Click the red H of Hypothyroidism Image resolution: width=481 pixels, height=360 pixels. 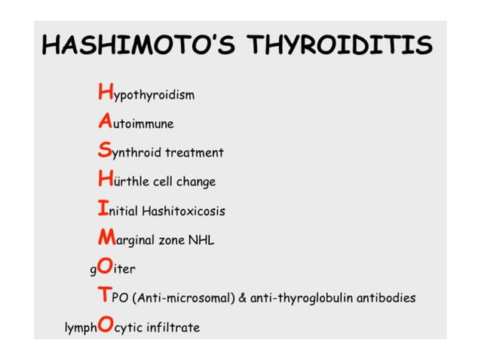106,93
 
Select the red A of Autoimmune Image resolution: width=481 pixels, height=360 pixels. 106,122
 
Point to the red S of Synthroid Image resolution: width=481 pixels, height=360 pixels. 106,151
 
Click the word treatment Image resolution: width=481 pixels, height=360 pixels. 195,153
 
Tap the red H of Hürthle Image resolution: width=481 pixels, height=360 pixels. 106,180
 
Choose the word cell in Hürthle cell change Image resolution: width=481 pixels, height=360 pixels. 163,182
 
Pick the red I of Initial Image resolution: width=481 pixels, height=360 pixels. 104,209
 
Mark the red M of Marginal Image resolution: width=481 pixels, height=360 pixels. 106,239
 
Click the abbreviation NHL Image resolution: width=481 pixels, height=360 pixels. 201,240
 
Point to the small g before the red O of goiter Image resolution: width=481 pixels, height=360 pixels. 93,270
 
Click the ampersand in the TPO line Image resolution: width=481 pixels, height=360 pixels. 243,298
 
